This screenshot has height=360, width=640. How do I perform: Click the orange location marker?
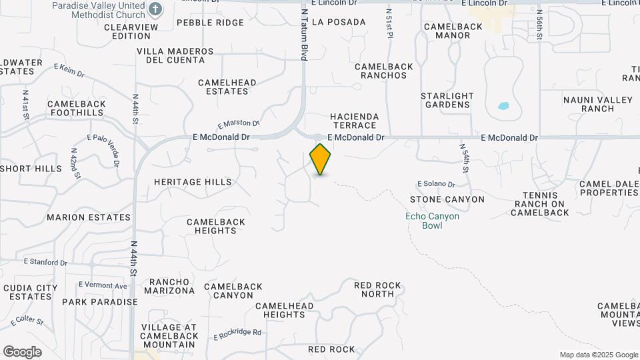[x=321, y=159]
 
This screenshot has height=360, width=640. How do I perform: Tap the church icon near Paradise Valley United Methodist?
[x=155, y=9]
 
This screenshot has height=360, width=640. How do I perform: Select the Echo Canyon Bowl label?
[x=432, y=221]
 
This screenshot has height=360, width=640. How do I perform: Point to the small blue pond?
[x=503, y=106]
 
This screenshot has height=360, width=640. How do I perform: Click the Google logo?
[x=22, y=351]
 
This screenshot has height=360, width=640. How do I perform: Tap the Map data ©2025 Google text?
[x=598, y=355]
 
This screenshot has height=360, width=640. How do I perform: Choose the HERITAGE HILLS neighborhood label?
[x=193, y=182]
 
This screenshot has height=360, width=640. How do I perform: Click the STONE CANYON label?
[x=447, y=199]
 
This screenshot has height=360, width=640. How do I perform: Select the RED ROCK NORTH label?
[x=378, y=289]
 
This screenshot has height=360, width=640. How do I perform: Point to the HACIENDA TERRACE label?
[x=355, y=121]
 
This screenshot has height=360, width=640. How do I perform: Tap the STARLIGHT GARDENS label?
[x=447, y=100]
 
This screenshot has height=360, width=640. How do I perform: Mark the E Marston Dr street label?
[x=238, y=124]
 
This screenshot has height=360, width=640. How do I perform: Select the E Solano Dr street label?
[x=436, y=184]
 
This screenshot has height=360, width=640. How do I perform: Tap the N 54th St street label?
[x=465, y=159]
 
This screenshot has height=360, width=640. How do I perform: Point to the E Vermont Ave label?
[x=103, y=285]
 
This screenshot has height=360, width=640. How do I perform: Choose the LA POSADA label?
[x=339, y=22]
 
